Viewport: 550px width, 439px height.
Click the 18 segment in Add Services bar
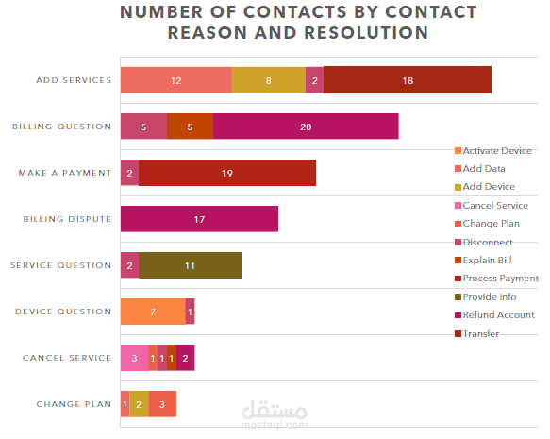point(408,80)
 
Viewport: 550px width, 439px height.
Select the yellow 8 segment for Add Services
point(269,80)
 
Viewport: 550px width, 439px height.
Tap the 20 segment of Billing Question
point(306,127)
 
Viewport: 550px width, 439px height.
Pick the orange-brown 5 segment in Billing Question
point(190,127)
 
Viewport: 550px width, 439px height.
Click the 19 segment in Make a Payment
point(227,173)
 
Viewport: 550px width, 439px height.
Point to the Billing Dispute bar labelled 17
point(199,219)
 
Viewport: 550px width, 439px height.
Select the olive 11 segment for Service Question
point(190,265)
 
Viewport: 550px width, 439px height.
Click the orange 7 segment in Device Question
point(153,312)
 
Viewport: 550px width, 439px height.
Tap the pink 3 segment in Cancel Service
point(134,358)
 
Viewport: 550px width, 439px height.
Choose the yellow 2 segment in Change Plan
point(139,404)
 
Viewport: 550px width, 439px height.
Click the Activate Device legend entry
point(492,150)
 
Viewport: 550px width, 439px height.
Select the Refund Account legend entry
point(494,314)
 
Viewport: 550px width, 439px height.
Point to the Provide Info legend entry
point(485,296)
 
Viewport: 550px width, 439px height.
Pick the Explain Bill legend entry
point(483,260)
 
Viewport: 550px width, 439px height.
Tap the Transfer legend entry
point(476,333)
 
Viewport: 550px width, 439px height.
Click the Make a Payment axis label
point(65,173)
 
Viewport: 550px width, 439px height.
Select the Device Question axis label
point(63,312)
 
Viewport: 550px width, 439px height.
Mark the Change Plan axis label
point(74,404)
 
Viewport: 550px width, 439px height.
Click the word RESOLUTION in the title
point(366,33)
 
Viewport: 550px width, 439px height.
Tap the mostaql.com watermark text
point(275,425)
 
